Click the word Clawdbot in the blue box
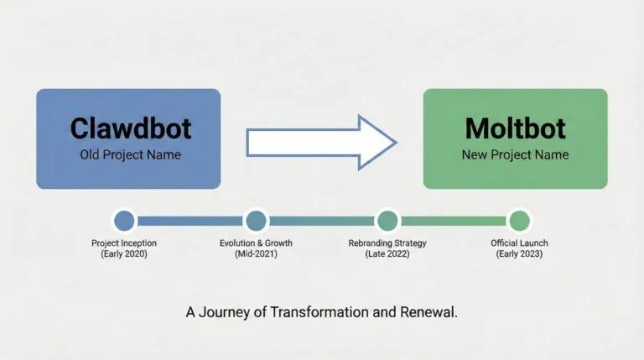(130, 128)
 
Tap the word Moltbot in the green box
(515, 128)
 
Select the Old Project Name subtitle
(130, 154)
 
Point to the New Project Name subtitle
(515, 154)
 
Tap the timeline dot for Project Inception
(124, 221)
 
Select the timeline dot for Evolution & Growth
(256, 221)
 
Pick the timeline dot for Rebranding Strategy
(387, 221)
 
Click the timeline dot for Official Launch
(519, 221)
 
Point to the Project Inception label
(124, 243)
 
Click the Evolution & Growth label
(256, 243)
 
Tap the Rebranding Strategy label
(387, 243)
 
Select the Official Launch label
(519, 243)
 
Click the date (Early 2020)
(124, 253)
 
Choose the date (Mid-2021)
(256, 253)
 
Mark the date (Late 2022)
(387, 253)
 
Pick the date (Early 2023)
(519, 253)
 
